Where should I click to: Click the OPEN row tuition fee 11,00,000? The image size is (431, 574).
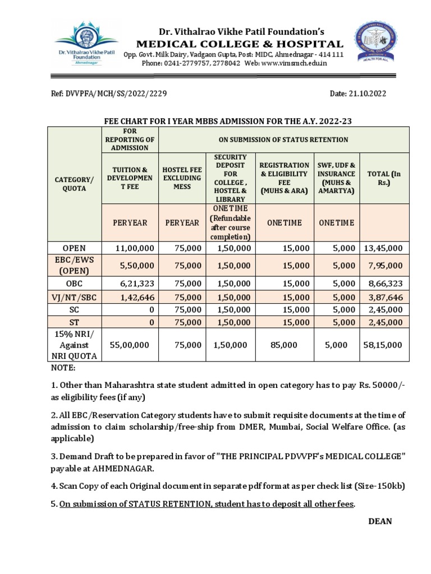(130, 248)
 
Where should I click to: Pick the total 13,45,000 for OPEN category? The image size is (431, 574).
(384, 248)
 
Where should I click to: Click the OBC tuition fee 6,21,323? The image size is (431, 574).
(130, 284)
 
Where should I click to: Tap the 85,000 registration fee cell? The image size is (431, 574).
(284, 345)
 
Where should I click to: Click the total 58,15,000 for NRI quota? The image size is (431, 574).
(384, 345)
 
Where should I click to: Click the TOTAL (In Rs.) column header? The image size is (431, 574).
(384, 178)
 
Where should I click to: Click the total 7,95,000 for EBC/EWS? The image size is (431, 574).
(384, 266)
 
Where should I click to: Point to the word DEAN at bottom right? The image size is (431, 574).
(380, 521)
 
